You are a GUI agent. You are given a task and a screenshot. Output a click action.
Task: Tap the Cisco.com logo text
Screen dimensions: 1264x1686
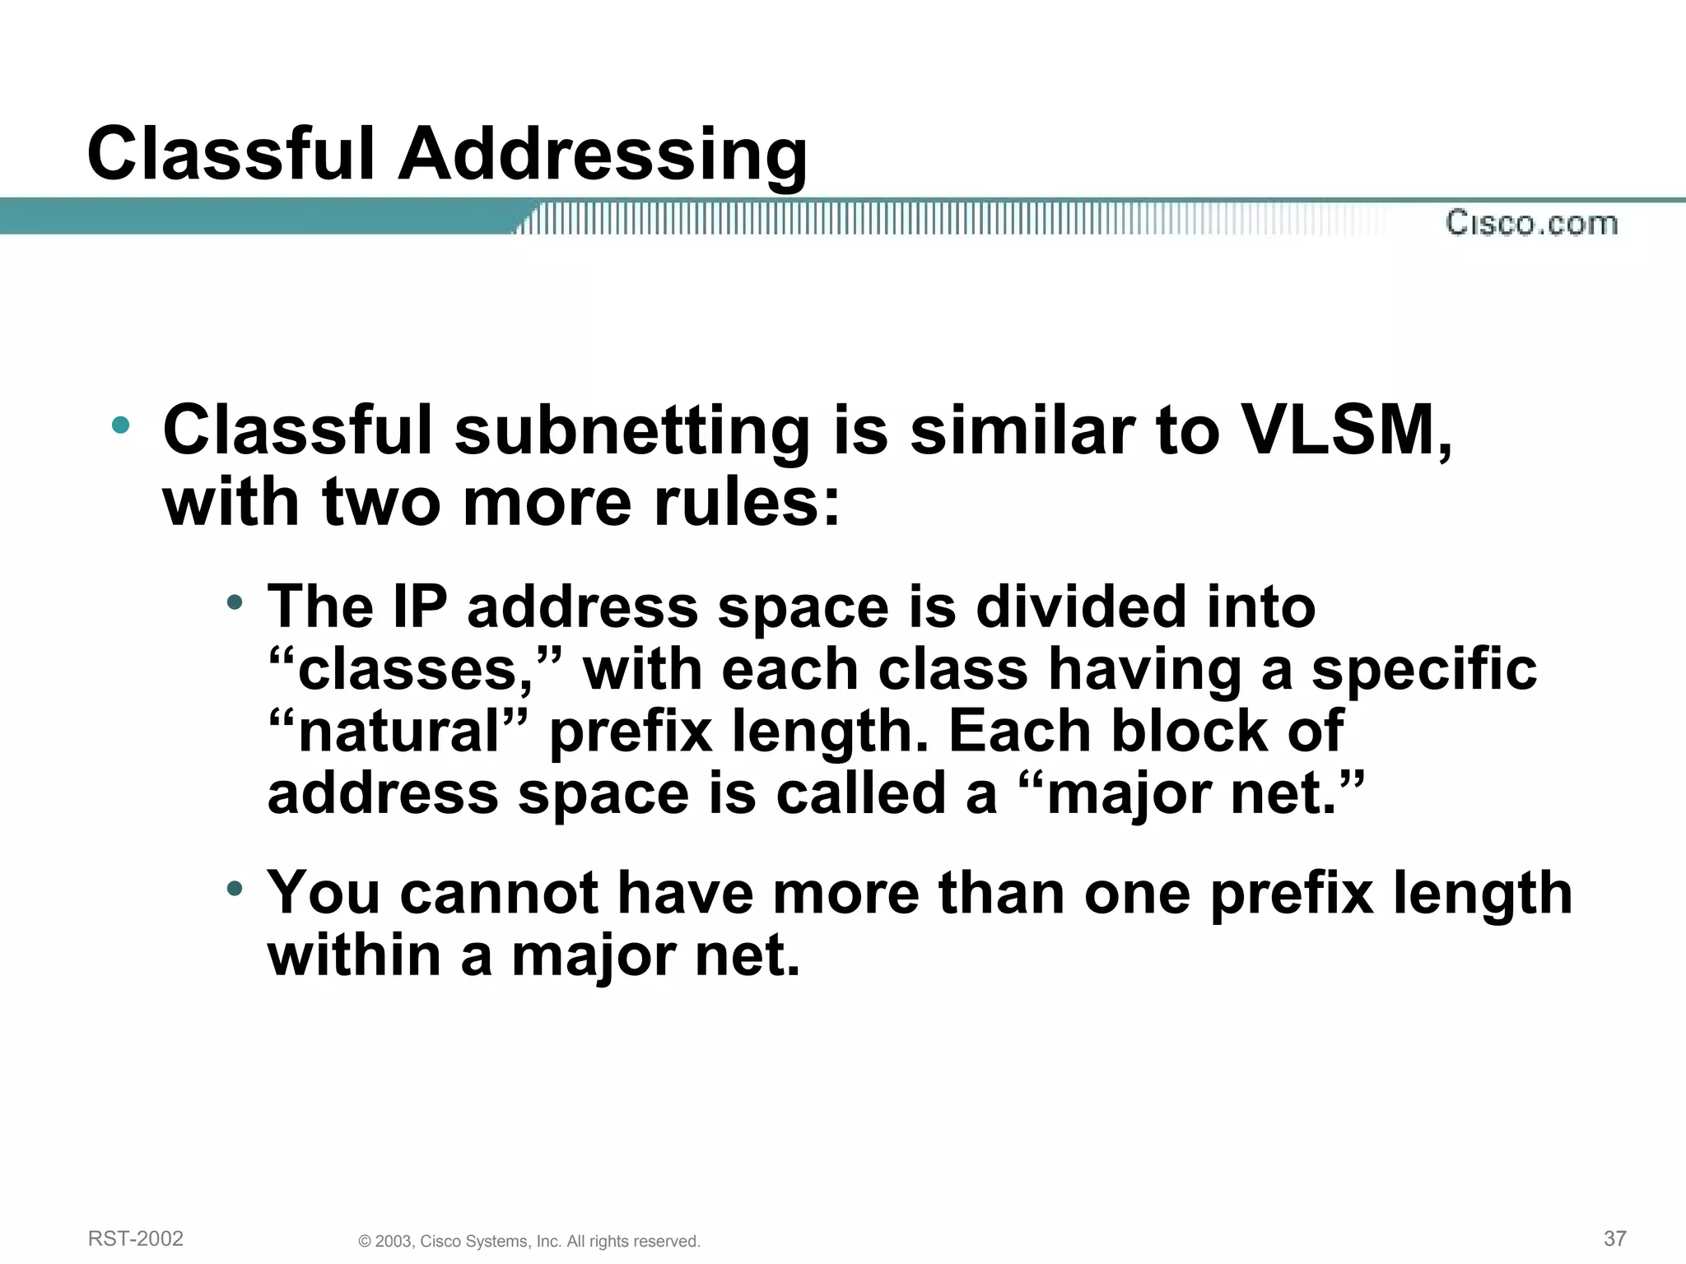tap(1531, 223)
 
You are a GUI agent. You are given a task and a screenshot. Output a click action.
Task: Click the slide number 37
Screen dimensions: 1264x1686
tap(1615, 1238)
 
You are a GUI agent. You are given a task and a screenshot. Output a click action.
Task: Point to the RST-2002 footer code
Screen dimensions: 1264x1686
tap(136, 1238)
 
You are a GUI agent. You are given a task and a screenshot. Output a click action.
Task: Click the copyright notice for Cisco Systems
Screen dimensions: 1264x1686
tap(529, 1241)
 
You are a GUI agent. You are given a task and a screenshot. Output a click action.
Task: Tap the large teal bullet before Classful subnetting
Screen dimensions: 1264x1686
tap(121, 425)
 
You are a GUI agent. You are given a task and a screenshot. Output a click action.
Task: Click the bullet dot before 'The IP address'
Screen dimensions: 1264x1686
tap(235, 603)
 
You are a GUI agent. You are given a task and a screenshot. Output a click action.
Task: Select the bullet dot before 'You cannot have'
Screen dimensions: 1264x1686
tap(235, 889)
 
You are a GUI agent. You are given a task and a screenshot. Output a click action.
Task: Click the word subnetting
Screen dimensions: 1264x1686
tap(632, 432)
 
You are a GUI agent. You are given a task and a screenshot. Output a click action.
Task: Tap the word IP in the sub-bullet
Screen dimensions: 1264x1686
tap(419, 607)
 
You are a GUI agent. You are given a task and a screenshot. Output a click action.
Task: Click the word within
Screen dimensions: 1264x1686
tap(354, 955)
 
